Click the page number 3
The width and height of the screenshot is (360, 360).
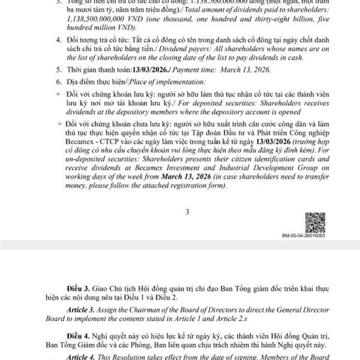click(x=188, y=211)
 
